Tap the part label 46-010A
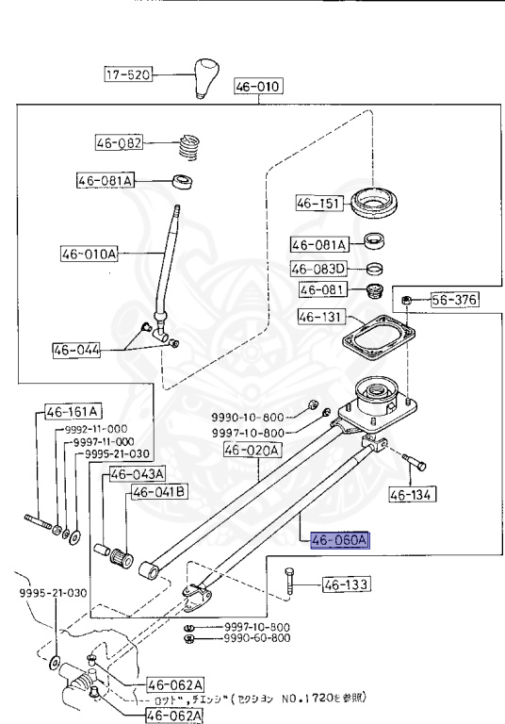[89, 254]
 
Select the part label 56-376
[454, 301]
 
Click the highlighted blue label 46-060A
[341, 540]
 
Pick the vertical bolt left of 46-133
[288, 586]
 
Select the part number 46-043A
[138, 473]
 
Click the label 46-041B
[159, 491]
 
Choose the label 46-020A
[252, 451]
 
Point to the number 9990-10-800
[248, 416]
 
